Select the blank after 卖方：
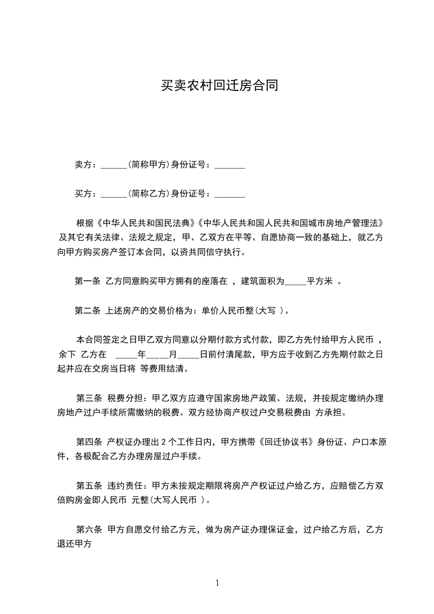(x=114, y=165)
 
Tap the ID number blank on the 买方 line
(x=230, y=194)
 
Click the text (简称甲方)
(x=148, y=164)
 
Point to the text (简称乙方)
(x=148, y=193)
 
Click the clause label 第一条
(x=87, y=281)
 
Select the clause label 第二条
(x=87, y=311)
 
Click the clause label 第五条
(x=89, y=485)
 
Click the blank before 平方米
(x=296, y=282)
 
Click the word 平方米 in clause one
(x=320, y=281)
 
